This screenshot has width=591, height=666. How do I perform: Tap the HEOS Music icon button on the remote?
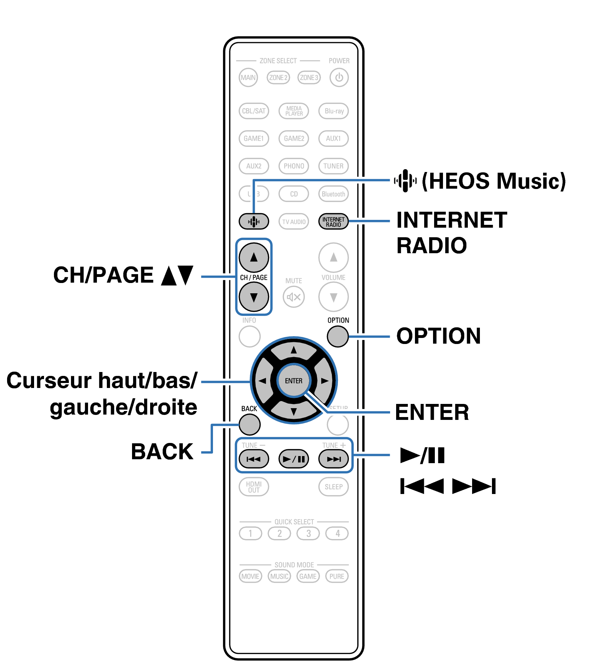point(253,222)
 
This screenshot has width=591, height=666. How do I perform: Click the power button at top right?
point(339,77)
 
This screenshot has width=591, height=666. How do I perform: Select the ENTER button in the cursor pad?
point(294,381)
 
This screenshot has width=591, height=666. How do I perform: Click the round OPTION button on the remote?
point(338,336)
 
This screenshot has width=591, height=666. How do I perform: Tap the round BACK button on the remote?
point(250,424)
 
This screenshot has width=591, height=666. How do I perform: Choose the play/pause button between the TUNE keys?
point(294,459)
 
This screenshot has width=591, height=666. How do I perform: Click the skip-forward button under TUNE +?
point(333,459)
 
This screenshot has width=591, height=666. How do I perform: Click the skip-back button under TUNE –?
point(253,459)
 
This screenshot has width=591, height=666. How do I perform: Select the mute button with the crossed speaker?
point(294,297)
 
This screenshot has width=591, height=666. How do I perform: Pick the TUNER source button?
point(333,166)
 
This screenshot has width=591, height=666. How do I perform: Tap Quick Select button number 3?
point(308,533)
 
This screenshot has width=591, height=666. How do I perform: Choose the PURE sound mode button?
point(336,576)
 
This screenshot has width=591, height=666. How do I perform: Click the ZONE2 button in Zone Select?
point(278,77)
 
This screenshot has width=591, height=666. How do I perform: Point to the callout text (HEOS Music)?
point(493,181)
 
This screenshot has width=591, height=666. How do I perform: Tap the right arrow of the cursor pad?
point(324,381)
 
